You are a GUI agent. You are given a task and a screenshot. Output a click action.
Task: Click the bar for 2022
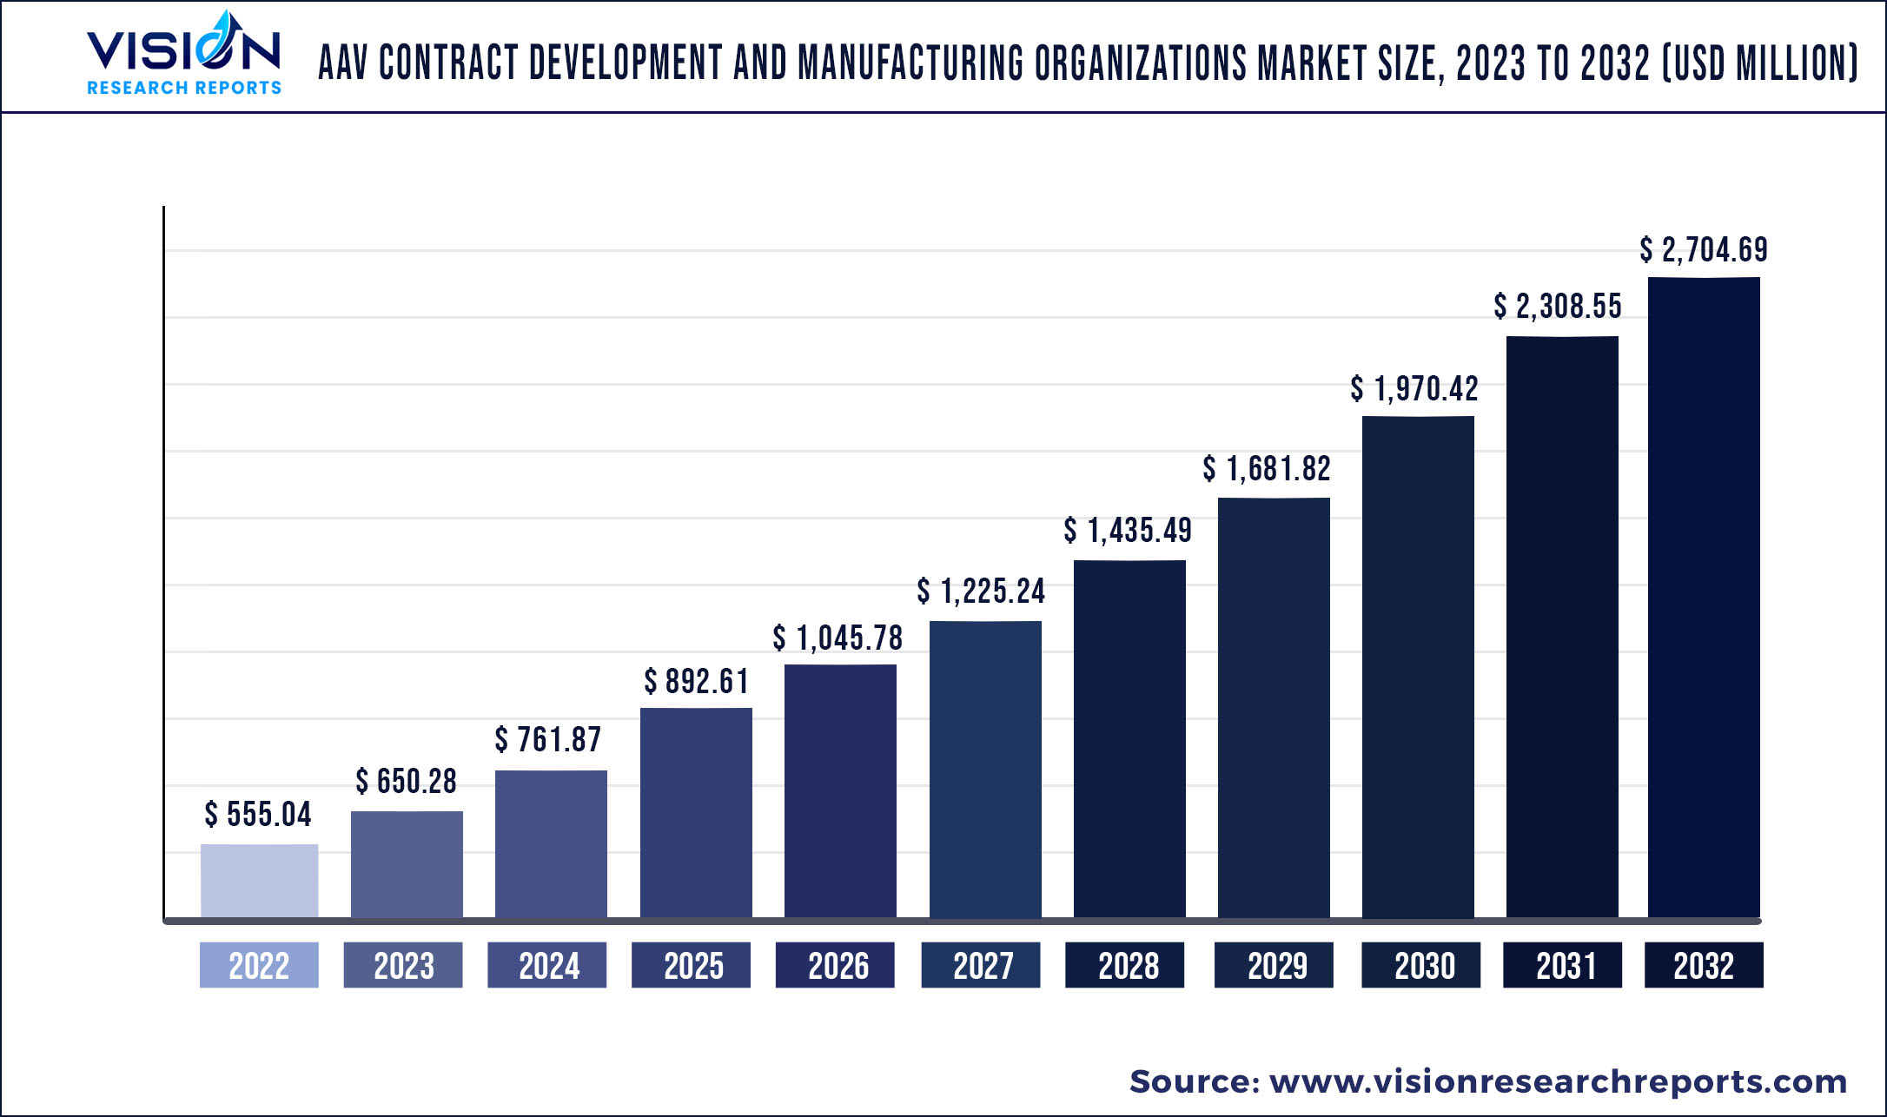[x=259, y=880]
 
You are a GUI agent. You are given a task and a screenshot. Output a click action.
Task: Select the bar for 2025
[x=696, y=812]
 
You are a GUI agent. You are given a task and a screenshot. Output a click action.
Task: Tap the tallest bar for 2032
[x=1704, y=597]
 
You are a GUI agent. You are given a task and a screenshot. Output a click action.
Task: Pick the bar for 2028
[x=1129, y=738]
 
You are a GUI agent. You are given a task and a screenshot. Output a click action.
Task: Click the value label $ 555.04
[x=258, y=815]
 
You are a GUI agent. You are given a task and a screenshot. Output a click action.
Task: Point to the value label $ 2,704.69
[x=1704, y=250]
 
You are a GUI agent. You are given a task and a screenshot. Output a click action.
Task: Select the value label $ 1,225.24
[x=981, y=592]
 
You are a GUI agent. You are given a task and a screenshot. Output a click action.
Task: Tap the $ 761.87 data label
[x=548, y=740]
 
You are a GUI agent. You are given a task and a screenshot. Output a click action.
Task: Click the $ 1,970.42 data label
[x=1414, y=388]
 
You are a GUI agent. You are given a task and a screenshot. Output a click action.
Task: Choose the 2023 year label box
[x=403, y=965]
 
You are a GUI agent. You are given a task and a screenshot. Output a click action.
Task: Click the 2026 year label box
[x=835, y=965]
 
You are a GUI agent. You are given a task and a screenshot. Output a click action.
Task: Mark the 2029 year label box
[x=1274, y=965]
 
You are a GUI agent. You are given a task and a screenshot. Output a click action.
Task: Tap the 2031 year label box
[x=1562, y=965]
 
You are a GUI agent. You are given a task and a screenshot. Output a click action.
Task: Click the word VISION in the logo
[x=183, y=50]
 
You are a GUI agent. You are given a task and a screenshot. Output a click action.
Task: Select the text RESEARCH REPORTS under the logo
[x=184, y=88]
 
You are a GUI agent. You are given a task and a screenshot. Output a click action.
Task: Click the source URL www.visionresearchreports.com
[x=1558, y=1081]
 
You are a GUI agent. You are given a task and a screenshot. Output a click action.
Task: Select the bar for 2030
[x=1418, y=666]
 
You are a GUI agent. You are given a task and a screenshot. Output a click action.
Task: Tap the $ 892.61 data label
[x=696, y=682]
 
